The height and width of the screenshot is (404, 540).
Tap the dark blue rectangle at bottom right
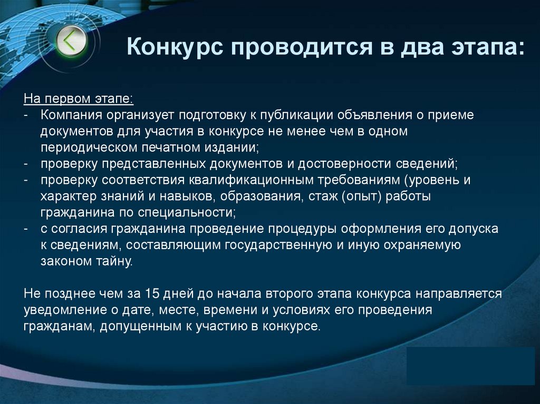pyautogui.click(x=471, y=366)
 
